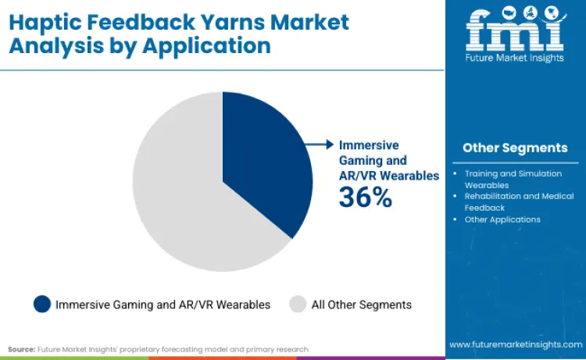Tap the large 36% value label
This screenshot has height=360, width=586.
click(365, 198)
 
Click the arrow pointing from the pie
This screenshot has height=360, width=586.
click(320, 144)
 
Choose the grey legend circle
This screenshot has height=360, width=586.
click(298, 304)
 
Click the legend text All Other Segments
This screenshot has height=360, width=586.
click(361, 305)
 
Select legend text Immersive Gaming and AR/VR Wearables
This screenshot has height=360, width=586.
click(163, 305)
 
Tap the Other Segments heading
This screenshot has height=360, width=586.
click(515, 148)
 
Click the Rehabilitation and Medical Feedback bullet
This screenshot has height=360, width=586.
click(519, 201)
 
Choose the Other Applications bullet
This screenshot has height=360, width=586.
click(502, 219)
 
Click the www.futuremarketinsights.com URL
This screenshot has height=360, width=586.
click(515, 344)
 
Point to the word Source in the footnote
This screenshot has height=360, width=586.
click(22, 349)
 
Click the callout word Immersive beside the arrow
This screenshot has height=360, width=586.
click(368, 145)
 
